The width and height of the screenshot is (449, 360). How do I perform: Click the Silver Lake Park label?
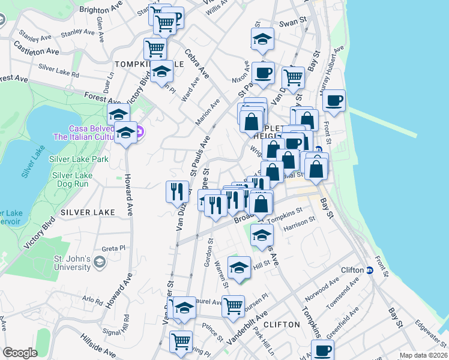pos(80,159)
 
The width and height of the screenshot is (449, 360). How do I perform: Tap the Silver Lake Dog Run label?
pos(72,181)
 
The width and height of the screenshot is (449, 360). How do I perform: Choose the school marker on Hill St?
pos(240,267)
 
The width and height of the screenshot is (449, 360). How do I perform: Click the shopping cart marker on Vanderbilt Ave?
pos(234,305)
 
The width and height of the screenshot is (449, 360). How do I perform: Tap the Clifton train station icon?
pos(370,270)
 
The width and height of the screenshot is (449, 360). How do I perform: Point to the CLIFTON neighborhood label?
pos(282,325)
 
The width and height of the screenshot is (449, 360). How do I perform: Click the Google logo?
pos(20,353)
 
